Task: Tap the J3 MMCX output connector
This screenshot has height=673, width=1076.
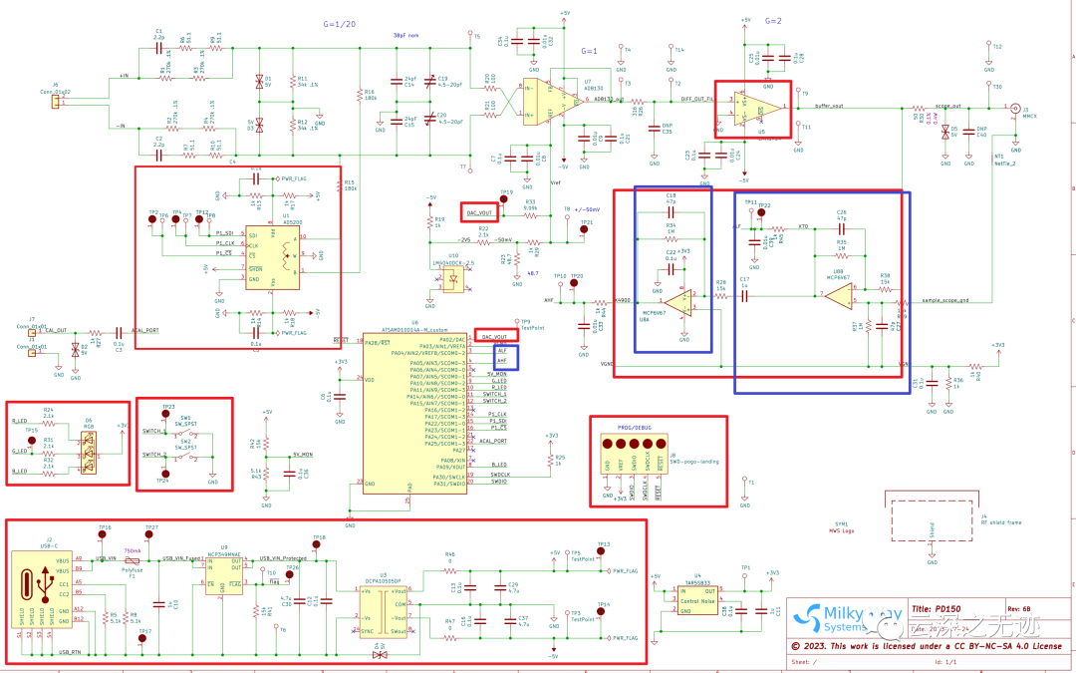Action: [x=1016, y=107]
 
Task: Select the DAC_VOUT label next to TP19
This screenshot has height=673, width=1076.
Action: [x=479, y=212]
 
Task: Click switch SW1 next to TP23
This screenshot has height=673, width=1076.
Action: [x=185, y=430]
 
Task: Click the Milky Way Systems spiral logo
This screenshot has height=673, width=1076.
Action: [x=813, y=617]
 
